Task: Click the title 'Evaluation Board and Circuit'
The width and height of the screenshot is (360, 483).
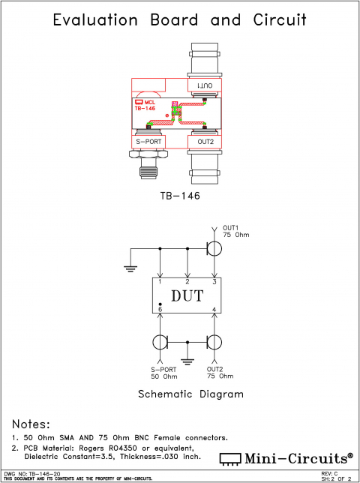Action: [x=179, y=20]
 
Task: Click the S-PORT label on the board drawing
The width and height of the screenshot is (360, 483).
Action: [x=148, y=140]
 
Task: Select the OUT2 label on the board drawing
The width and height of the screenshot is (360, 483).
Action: [x=205, y=140]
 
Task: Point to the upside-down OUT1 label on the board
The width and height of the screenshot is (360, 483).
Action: [x=205, y=88]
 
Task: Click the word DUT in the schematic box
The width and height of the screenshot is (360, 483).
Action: [x=187, y=295]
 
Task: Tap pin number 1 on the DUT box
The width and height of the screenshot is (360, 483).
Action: [x=160, y=281]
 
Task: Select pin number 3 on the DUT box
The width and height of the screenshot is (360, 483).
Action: [x=214, y=281]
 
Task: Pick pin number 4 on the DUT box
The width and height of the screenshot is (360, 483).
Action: [x=214, y=309]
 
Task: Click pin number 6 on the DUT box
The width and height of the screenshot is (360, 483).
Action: [x=160, y=309]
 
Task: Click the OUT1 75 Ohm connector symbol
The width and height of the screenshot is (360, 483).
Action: [x=214, y=248]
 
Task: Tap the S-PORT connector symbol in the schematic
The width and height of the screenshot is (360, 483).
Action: [x=160, y=343]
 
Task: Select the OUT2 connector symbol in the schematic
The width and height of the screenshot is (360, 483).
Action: [x=214, y=343]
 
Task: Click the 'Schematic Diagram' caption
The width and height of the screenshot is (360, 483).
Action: [x=180, y=394]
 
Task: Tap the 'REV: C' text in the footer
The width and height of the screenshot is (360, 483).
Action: [x=328, y=473]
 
